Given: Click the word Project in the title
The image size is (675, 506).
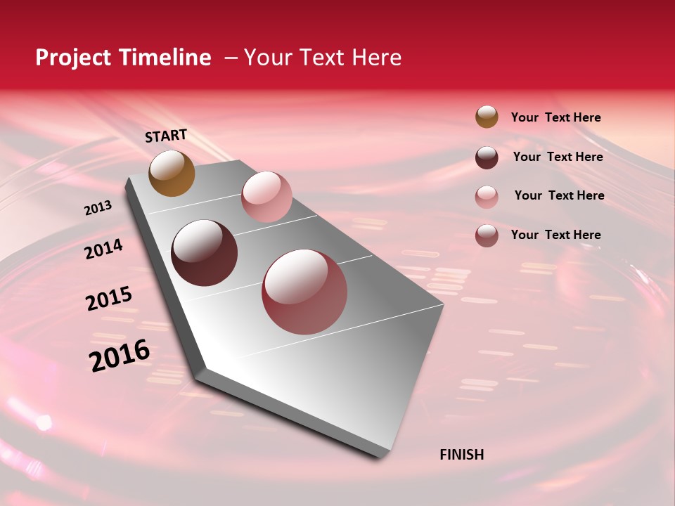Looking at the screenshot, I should point(72,58).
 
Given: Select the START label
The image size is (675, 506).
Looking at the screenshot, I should point(166,136).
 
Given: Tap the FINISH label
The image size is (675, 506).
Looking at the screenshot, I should point(462,455).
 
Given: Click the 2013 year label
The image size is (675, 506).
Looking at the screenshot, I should point(98,208).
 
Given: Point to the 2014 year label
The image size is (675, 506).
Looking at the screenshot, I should point(103,249).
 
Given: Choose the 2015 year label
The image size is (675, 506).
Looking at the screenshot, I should point(109,299).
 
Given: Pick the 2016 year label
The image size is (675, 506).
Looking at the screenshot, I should point(120,355).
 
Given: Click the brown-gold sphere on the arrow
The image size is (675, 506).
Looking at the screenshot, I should point(172,173).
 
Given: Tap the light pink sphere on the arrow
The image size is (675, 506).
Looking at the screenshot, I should point(266,197).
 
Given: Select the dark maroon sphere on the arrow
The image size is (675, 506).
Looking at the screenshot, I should point(205,253).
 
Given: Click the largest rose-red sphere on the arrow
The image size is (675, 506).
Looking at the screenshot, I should point(304,292).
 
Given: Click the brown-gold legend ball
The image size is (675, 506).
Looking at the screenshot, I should point(487,117).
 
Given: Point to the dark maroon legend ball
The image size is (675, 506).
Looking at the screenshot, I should point(487,157).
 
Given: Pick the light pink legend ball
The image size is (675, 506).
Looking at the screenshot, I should point(487,197).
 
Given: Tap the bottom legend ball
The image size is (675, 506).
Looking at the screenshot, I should point(487,235).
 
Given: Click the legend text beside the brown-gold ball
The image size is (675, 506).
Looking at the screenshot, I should point(555,117).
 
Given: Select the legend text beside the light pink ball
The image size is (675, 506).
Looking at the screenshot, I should point(559,195).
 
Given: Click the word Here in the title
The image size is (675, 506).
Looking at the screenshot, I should point(376,58).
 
